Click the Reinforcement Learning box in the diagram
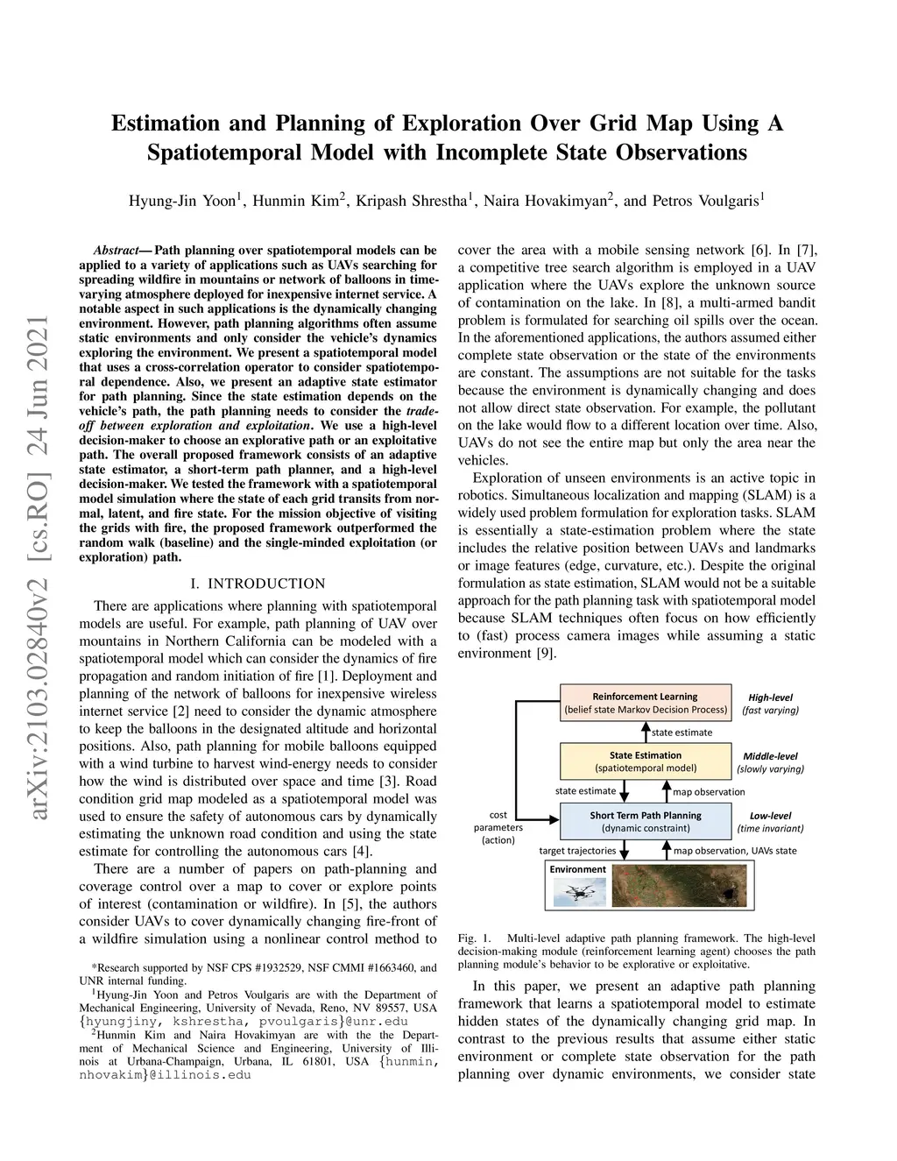coord(646,703)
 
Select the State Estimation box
coord(646,761)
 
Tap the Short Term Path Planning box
coord(646,821)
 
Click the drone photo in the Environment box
coord(578,892)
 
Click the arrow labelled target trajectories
coord(625,850)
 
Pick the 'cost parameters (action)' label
coord(498,827)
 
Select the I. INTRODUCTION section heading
coord(258,584)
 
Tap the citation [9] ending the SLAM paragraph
coord(546,653)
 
